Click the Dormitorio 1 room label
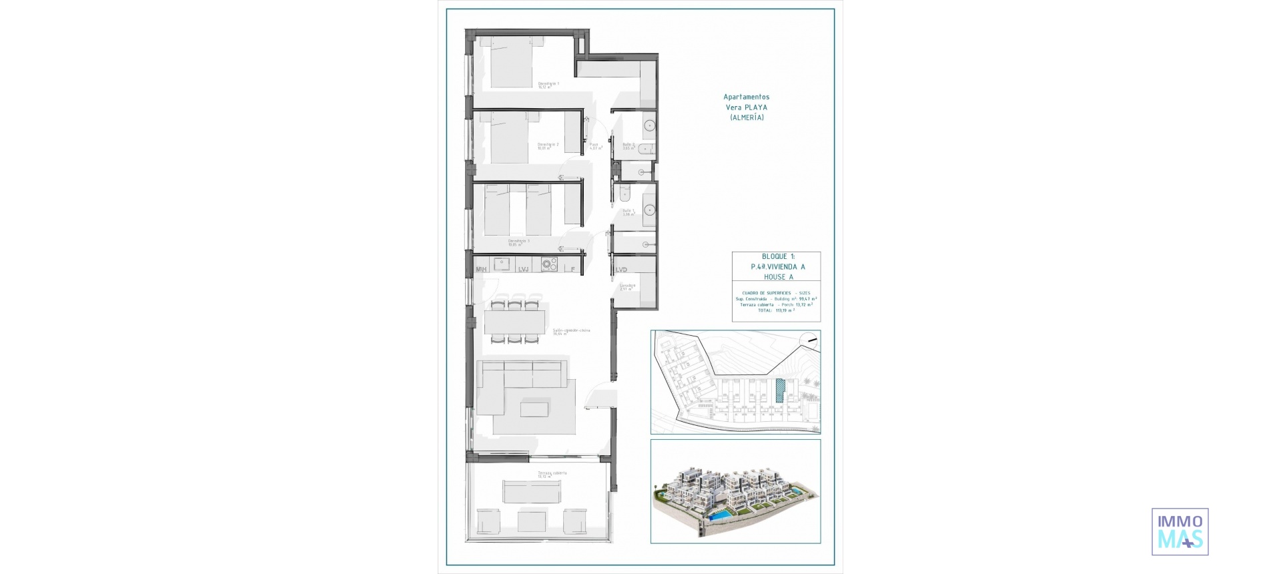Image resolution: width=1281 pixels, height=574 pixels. (548, 85)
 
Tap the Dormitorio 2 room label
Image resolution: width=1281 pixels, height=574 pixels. (547, 146)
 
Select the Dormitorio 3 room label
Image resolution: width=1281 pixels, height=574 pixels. (518, 242)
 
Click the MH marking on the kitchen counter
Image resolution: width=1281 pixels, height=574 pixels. (481, 270)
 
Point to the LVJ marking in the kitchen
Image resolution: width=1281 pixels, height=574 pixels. (523, 270)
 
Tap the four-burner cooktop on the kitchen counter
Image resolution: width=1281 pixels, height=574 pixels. (549, 264)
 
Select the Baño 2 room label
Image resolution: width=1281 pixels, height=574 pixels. (628, 146)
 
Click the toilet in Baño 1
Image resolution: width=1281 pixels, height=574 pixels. (624, 194)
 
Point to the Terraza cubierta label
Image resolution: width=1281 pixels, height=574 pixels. (552, 474)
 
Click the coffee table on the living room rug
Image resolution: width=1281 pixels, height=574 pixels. (534, 408)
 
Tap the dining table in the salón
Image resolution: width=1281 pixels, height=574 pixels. (514, 322)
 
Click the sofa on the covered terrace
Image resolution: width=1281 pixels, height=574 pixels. (532, 491)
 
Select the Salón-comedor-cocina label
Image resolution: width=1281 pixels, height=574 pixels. (570, 331)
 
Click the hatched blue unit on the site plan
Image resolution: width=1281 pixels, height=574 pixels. (781, 390)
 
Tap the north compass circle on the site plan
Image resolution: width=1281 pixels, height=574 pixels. (809, 340)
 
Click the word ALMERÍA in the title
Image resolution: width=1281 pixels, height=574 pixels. (747, 117)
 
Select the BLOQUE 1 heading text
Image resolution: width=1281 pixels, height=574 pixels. (778, 256)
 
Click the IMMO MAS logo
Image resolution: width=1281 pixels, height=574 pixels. (1180, 531)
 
